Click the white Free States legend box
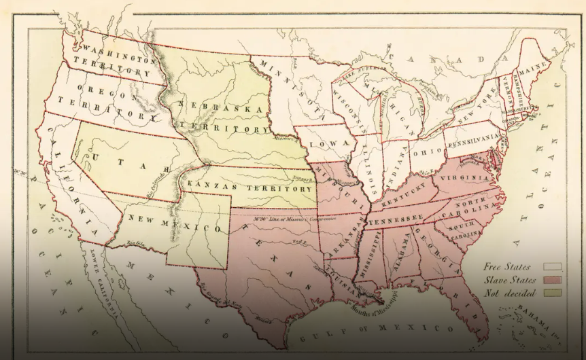pos(551,267)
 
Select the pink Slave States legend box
pos(551,280)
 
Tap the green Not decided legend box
pos(551,293)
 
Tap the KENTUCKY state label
pos(402,199)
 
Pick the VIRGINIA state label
pos(468,179)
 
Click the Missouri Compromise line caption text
pos(286,219)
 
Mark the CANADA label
pos(448,60)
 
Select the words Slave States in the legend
pos(510,280)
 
